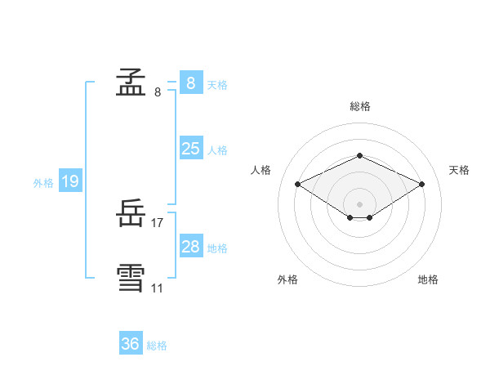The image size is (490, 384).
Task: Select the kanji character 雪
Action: [x=131, y=278]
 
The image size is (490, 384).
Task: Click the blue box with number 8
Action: [x=190, y=83]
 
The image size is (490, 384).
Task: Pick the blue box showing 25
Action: [x=190, y=148]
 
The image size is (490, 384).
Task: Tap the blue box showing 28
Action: [x=190, y=246]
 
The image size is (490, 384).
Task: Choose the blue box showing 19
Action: [x=69, y=181]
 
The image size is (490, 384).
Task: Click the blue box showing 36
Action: [x=130, y=344]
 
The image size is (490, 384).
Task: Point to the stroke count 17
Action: [x=158, y=223]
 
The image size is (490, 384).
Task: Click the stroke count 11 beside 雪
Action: [x=157, y=288]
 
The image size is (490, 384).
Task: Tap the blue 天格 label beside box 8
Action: [x=217, y=84]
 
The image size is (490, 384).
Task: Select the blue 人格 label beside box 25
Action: [x=217, y=150]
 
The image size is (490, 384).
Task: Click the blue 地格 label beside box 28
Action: [x=217, y=248]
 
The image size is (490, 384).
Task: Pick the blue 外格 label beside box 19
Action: [x=43, y=183]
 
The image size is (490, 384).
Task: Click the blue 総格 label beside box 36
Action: [x=157, y=346]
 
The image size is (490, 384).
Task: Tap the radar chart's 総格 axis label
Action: [x=359, y=106]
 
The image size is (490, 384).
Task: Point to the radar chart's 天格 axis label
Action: [x=460, y=170]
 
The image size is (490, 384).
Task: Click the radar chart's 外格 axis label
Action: [x=287, y=279]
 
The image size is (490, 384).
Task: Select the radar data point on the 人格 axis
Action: [x=298, y=185]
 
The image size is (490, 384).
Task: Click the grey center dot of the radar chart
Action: [x=359, y=203]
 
